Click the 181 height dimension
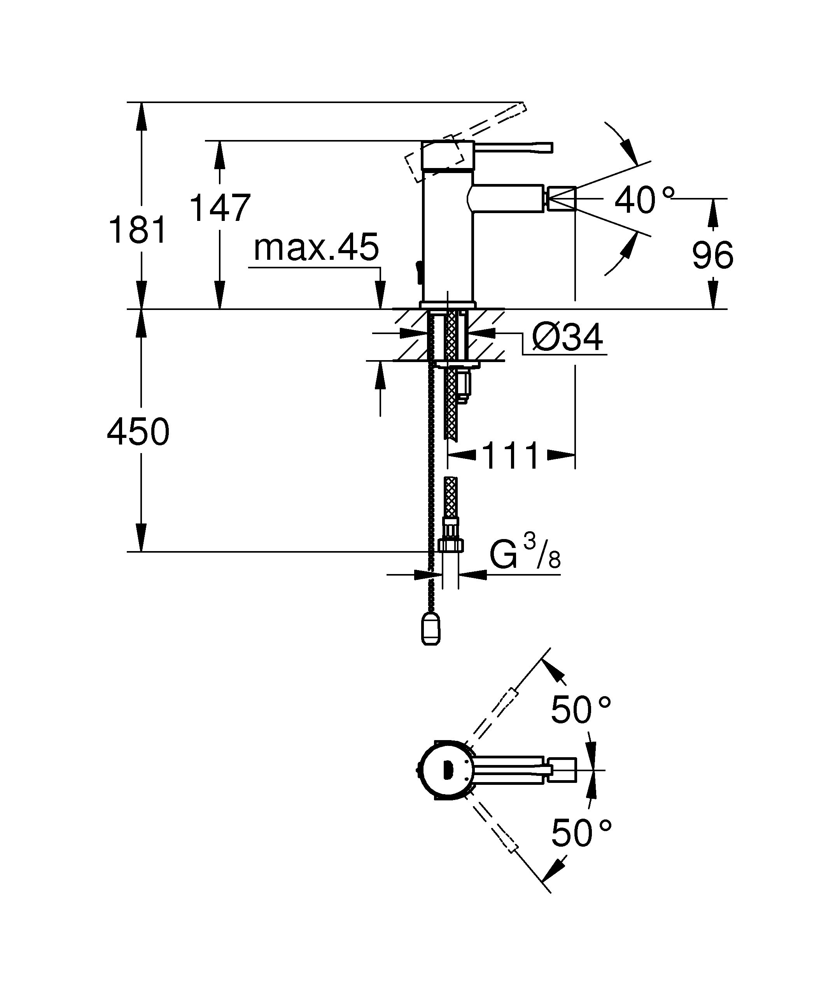pyautogui.click(x=138, y=230)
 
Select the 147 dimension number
pyautogui.click(x=220, y=208)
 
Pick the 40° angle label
pyautogui.click(x=644, y=200)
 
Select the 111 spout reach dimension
pyautogui.click(x=511, y=456)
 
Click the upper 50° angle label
pyautogui.click(x=580, y=710)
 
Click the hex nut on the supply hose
pyautogui.click(x=451, y=545)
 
